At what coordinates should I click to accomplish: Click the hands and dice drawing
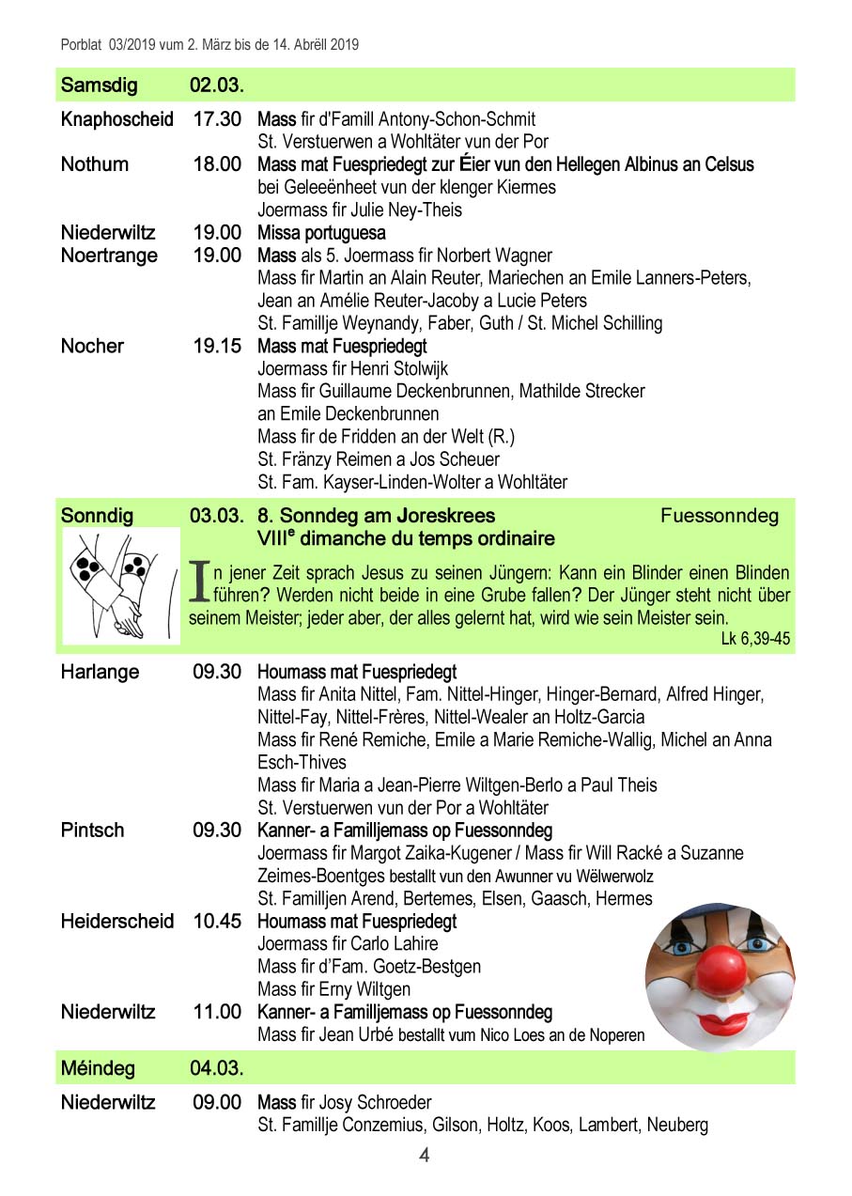coord(120,585)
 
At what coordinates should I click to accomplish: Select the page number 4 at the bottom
coord(424,1156)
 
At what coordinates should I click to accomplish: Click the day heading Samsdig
coord(99,85)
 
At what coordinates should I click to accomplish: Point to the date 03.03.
coord(217,516)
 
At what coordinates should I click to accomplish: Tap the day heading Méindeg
coord(98,1068)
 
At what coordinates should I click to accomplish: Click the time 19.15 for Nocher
coord(217,346)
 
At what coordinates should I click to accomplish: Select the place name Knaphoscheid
coord(116,119)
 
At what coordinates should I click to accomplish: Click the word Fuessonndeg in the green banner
coord(719,516)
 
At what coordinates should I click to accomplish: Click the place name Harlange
coord(100,672)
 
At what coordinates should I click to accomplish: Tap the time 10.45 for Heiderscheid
coord(217,921)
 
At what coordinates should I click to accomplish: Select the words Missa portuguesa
coord(321,233)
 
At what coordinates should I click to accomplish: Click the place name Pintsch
coord(92,831)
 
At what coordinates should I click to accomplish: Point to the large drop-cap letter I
coord(199,582)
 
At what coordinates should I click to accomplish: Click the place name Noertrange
coord(109,256)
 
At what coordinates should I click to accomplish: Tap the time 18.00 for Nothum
coord(217,164)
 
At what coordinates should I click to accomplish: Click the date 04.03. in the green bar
coord(217,1068)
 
